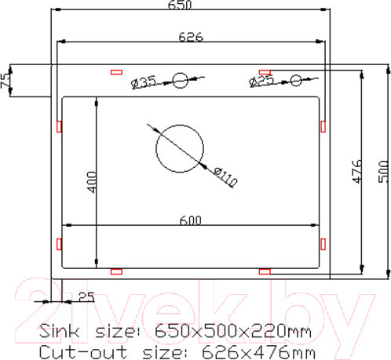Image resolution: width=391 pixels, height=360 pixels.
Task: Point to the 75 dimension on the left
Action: point(5,80)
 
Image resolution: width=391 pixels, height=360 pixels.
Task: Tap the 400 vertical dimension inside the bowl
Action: point(91,183)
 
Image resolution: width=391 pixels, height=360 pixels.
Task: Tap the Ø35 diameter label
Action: point(145,80)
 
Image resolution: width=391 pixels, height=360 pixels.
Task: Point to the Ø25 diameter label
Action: point(261,80)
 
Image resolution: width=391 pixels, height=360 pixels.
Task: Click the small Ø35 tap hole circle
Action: point(181,79)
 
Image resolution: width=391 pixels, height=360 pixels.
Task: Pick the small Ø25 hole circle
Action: point(296,79)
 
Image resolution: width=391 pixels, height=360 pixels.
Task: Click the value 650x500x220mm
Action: point(234,331)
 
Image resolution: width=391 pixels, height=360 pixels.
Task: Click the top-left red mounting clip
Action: point(117,71)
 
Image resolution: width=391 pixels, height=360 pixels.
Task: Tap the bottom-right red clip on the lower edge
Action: point(265,271)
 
